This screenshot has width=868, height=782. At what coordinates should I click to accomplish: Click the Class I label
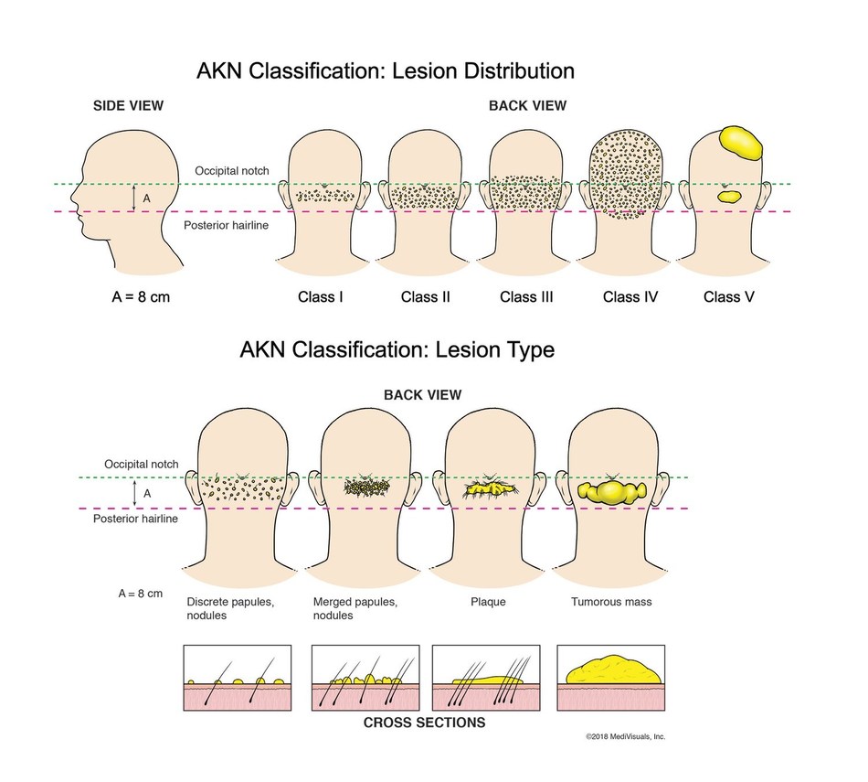321,297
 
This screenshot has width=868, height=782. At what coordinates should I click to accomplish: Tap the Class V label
729,297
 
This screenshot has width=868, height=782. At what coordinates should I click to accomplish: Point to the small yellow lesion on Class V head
729,195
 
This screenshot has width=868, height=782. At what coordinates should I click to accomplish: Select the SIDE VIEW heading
129,105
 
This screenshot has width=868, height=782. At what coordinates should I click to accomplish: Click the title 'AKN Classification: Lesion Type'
397,349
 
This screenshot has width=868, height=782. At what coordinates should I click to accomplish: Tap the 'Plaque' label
488,603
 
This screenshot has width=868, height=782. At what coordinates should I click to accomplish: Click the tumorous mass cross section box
610,678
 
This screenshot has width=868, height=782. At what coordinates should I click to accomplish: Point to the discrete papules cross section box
238,678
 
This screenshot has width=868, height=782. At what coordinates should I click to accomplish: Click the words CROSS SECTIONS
424,723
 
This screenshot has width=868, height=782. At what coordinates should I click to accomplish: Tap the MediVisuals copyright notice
626,735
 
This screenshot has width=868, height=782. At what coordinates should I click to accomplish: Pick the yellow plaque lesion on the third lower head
491,488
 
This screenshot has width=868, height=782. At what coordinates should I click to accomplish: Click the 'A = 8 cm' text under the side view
131,297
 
